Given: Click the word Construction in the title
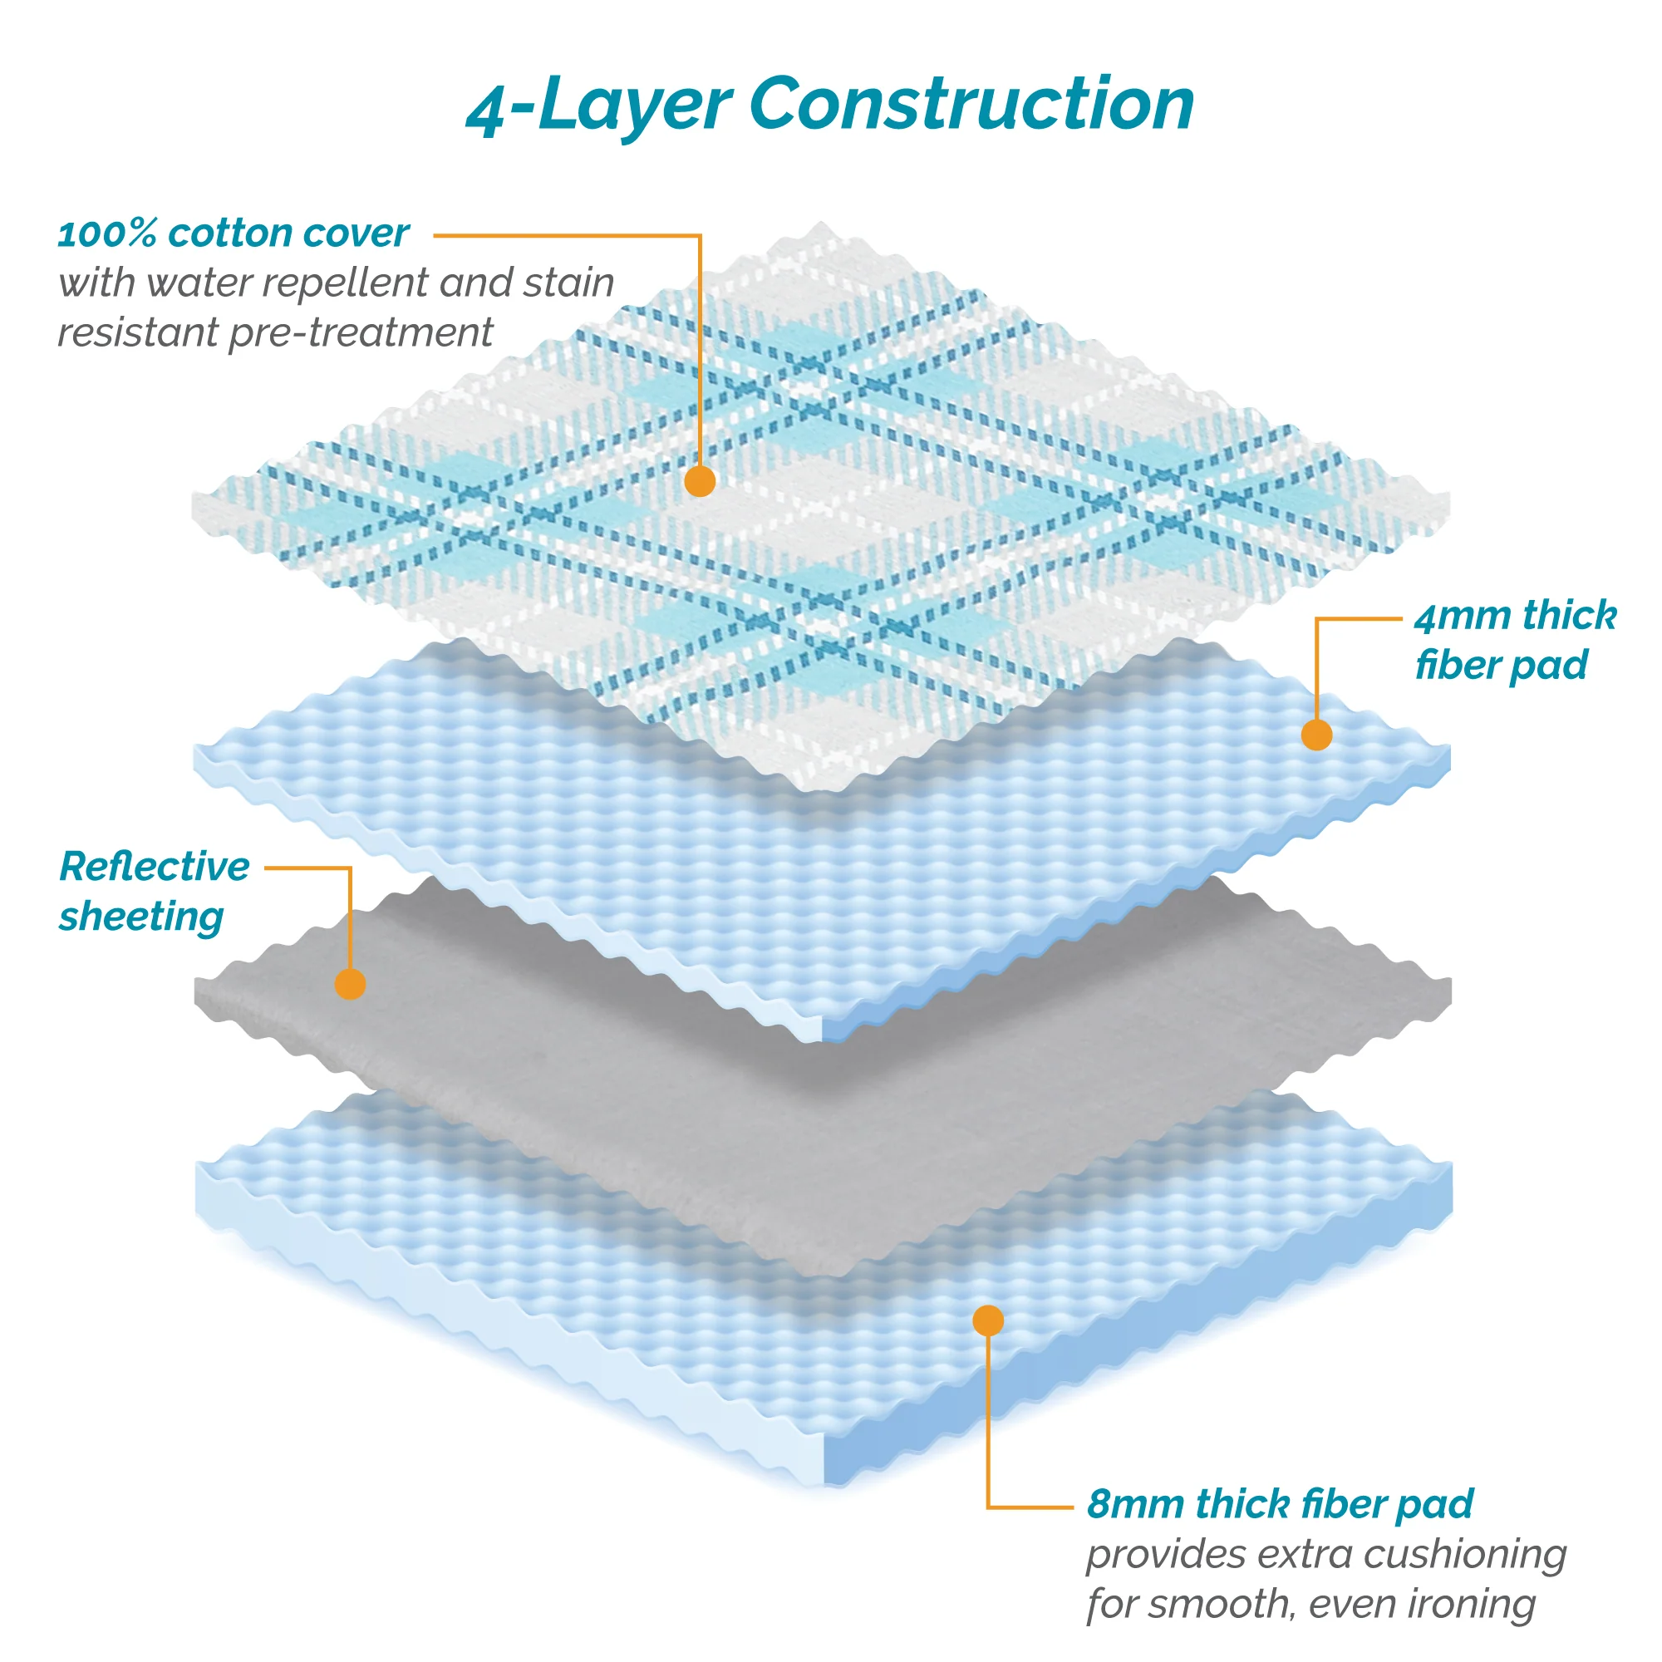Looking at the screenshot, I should tap(971, 104).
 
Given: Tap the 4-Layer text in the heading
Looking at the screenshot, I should tap(597, 106).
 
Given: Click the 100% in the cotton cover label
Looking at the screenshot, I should tap(106, 234).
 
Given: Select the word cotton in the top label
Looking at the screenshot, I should tap(219, 234).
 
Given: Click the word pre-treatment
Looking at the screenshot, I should tap(361, 333).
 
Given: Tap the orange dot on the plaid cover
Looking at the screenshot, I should tap(700, 481).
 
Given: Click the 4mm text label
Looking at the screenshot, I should tap(1462, 617).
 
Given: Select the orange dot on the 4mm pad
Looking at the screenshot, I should tap(1316, 735).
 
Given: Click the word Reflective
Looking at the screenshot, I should tap(154, 866).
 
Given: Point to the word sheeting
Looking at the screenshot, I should tap(141, 917).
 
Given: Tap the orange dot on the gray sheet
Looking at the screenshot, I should tap(350, 983).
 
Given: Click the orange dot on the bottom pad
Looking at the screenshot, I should tap(987, 1320).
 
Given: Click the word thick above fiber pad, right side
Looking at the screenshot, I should tap(1568, 617).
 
